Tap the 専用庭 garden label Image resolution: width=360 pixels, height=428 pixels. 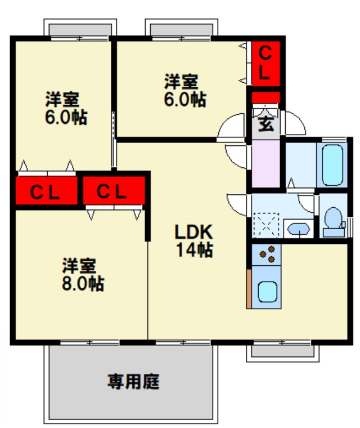tap(134, 382)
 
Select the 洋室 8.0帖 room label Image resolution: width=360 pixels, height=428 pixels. tap(82, 274)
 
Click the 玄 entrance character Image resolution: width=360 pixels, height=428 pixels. tap(265, 123)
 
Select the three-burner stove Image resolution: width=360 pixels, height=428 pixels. tap(267, 255)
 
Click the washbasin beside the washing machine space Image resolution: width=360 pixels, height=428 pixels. tap(296, 228)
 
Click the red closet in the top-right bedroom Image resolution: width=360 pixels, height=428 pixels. tap(265, 63)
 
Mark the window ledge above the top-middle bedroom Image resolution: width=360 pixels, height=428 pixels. tap(180, 29)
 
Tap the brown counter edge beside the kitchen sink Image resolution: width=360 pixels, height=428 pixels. tap(249, 288)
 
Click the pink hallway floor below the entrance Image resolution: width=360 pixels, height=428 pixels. tap(265, 163)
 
